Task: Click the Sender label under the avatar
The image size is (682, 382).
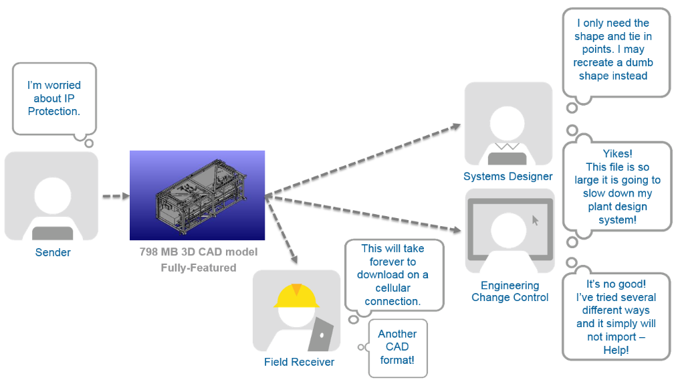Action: (53, 252)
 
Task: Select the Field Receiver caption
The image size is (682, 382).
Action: (299, 362)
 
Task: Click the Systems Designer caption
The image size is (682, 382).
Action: (508, 177)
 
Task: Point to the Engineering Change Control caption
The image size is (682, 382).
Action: (510, 291)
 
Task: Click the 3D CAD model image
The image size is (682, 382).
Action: (197, 195)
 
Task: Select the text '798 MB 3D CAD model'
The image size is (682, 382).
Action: (198, 252)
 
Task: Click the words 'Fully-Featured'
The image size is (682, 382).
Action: (198, 268)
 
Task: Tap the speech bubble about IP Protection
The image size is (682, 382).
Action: (54, 98)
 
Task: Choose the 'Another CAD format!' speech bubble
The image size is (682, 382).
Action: (397, 347)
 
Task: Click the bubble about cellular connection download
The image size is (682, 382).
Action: (393, 275)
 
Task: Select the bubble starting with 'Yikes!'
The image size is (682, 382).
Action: (617, 187)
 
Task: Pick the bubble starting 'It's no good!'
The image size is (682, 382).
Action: (616, 316)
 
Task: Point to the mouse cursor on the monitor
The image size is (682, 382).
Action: (534, 219)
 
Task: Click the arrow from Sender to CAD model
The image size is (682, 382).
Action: (114, 197)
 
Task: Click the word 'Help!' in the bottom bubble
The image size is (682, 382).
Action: (616, 350)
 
